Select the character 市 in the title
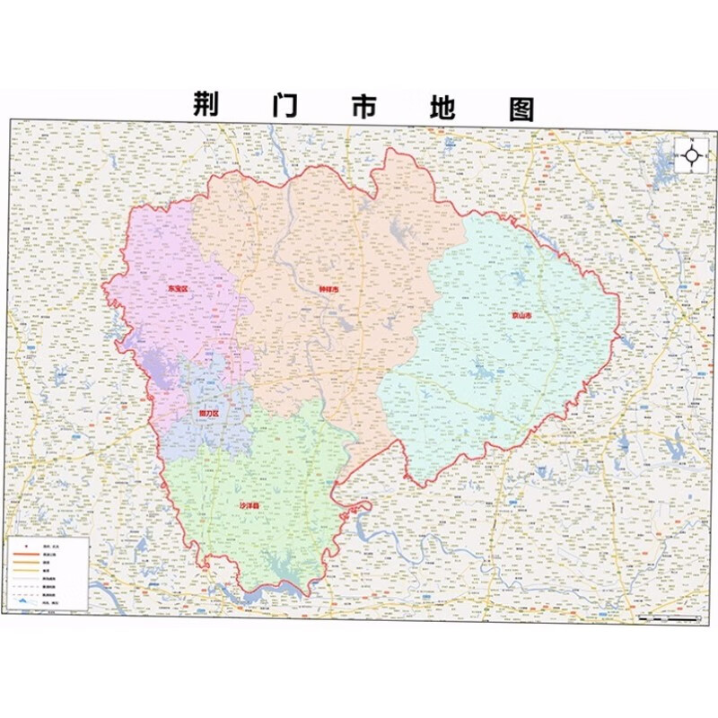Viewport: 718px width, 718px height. (x=362, y=106)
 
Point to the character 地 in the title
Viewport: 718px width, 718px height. (x=439, y=106)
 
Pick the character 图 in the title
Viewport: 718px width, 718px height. (x=520, y=107)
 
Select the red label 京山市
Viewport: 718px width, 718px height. (x=522, y=316)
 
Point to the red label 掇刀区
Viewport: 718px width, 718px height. (x=208, y=413)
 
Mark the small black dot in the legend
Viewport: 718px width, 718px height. (x=27, y=545)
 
